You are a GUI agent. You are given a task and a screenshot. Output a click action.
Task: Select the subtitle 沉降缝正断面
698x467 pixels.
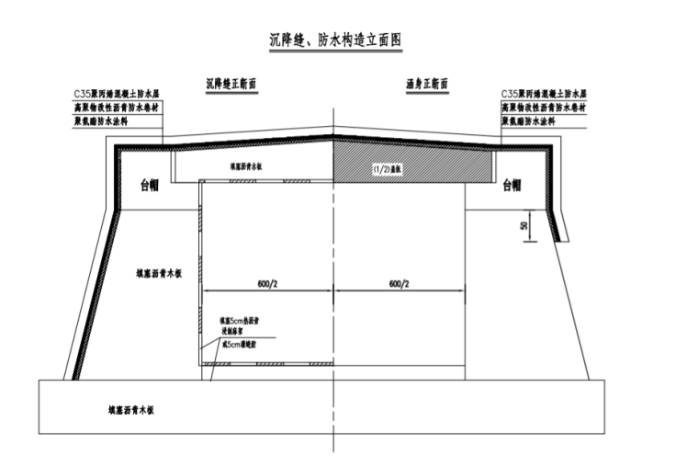[231, 84]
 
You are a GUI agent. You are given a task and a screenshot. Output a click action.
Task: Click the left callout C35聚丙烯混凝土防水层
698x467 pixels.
[118, 95]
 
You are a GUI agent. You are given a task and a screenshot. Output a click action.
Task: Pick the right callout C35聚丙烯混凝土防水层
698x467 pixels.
[544, 95]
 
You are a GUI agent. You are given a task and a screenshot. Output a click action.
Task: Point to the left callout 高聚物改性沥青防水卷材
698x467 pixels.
[118, 108]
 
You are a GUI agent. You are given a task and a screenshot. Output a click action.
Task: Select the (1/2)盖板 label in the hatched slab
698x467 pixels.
[384, 169]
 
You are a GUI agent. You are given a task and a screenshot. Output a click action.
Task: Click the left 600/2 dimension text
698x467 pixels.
[268, 284]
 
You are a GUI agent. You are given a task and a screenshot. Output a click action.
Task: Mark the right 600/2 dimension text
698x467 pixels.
[398, 284]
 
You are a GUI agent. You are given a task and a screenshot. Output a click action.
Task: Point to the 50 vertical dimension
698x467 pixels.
[523, 225]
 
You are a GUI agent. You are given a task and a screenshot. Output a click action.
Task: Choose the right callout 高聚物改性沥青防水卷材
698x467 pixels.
[544, 108]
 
